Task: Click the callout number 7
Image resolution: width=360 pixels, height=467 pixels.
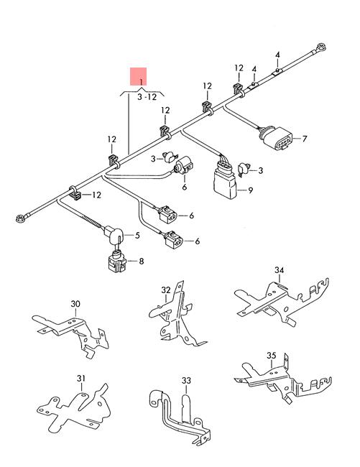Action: (304, 139)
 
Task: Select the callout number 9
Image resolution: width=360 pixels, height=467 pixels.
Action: (250, 190)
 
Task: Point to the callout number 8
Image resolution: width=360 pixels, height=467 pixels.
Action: (141, 261)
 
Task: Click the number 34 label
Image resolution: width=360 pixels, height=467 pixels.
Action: (280, 269)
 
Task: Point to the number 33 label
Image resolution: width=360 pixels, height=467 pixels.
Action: (186, 380)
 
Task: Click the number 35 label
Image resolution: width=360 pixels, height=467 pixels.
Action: (271, 356)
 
